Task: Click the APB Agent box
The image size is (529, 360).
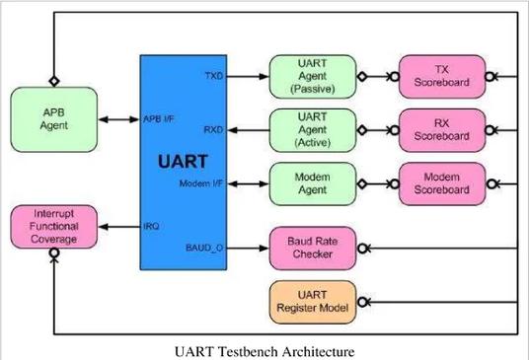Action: click(54, 119)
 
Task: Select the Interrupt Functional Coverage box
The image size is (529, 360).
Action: click(54, 227)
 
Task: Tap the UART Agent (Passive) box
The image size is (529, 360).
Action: click(313, 77)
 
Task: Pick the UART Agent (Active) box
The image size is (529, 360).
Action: click(313, 130)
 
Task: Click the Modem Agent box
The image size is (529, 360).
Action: click(313, 183)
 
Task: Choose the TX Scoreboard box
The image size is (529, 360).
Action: click(442, 77)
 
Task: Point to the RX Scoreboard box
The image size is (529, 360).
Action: click(442, 130)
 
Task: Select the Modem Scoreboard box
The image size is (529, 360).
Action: click(442, 183)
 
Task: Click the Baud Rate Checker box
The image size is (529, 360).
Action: click(313, 249)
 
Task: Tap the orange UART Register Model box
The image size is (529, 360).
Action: click(313, 302)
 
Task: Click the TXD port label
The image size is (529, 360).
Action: click(214, 76)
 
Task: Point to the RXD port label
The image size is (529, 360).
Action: click(213, 130)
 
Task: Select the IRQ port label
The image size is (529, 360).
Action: click(151, 226)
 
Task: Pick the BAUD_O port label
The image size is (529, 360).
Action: click(204, 249)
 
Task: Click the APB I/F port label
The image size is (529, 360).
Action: click(159, 119)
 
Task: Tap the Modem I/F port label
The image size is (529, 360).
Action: click(201, 183)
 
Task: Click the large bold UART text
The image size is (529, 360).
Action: click(183, 162)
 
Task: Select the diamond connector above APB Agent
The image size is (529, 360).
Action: click(54, 81)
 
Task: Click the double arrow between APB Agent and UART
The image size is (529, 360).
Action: click(118, 119)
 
